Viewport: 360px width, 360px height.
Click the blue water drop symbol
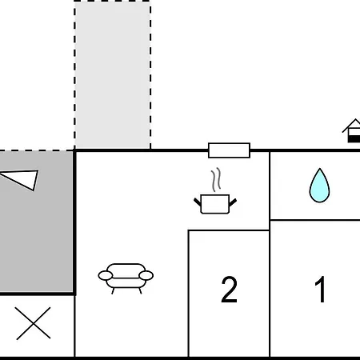[319, 186]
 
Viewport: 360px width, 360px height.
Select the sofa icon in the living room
[126, 278]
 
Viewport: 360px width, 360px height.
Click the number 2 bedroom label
[229, 290]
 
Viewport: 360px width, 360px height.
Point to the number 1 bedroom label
[321, 290]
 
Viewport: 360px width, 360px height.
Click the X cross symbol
[33, 323]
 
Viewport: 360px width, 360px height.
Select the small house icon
[352, 130]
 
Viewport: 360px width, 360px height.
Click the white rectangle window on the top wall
[229, 150]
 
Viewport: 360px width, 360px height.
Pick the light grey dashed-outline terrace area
[112, 75]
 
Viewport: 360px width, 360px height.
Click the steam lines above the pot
[216, 179]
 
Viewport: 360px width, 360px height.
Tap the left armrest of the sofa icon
[106, 275]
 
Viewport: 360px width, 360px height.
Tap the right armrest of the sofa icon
[146, 275]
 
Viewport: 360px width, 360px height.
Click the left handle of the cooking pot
[198, 202]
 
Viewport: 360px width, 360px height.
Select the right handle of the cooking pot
[233, 202]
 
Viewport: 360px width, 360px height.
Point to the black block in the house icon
[354, 138]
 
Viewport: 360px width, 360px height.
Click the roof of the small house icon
[351, 126]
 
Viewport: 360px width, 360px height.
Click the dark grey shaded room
[36, 222]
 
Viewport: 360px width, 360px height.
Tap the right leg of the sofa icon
[140, 290]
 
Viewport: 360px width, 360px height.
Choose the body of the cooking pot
[215, 204]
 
